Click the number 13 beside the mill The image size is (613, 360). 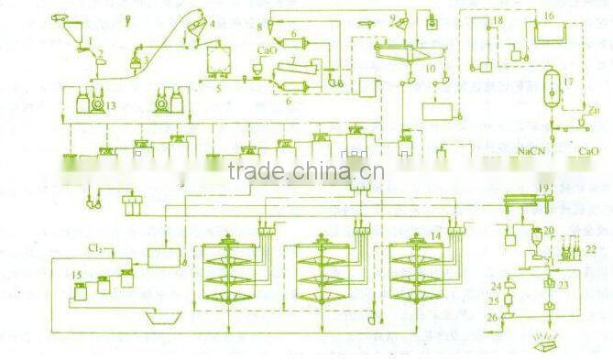tap(111, 107)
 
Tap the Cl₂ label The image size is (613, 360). tap(93, 248)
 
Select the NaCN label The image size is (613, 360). tap(531, 149)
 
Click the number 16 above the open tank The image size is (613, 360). tap(548, 16)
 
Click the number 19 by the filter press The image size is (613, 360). tap(545, 188)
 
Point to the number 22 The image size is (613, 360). tap(590, 248)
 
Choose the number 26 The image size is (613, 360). tap(494, 318)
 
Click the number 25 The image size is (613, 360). tap(495, 301)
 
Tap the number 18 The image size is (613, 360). tap(498, 19)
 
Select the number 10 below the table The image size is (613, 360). tap(432, 71)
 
